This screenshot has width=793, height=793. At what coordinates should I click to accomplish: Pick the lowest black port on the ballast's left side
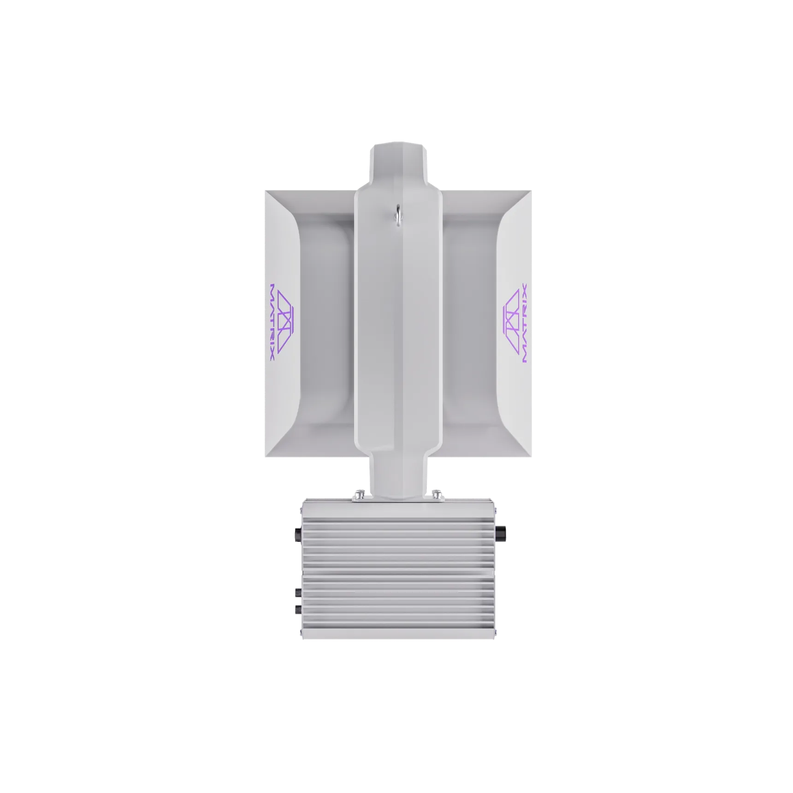pos(295,611)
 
